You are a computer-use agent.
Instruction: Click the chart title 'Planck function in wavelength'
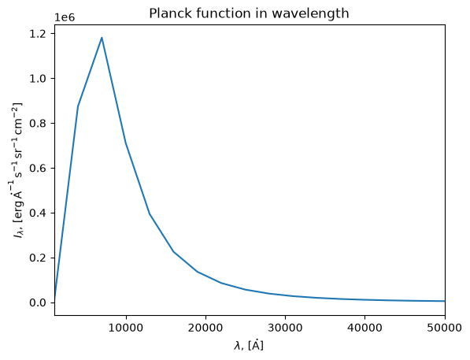[x=249, y=13]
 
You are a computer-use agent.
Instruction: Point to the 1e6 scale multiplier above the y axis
[x=64, y=17]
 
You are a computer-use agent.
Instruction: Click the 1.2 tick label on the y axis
[x=38, y=34]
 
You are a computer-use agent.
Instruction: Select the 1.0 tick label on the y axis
[x=38, y=79]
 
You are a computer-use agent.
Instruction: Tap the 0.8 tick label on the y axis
[x=38, y=124]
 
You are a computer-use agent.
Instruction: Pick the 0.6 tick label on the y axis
[x=38, y=169]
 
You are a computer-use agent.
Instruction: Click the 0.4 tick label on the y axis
[x=38, y=213]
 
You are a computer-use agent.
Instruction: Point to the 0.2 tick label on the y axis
[x=38, y=258]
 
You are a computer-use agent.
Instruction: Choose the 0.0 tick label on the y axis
[x=38, y=303]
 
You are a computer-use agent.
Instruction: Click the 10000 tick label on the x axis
[x=126, y=328]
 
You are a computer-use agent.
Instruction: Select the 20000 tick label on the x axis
[x=205, y=328]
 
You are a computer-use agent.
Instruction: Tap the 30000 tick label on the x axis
[x=285, y=328]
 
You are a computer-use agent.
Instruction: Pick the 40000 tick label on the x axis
[x=365, y=328]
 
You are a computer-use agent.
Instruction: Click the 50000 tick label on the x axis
[x=445, y=328]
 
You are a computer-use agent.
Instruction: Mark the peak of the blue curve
[x=102, y=38]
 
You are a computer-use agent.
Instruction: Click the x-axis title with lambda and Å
[x=249, y=345]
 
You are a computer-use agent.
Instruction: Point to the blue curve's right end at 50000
[x=445, y=301]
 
